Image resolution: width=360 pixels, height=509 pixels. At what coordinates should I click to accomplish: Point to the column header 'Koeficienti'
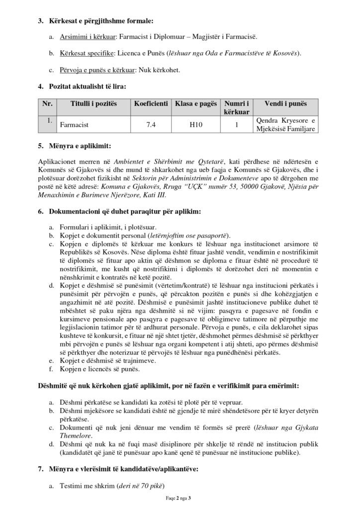click(x=151, y=103)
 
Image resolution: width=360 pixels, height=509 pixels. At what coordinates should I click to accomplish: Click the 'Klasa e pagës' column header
click(x=196, y=103)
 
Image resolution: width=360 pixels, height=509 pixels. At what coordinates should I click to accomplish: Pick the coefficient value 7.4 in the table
click(x=151, y=125)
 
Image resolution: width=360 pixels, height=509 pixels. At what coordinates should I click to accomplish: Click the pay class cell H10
click(x=196, y=125)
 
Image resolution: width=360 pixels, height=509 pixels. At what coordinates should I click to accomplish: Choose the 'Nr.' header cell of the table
click(x=47, y=103)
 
